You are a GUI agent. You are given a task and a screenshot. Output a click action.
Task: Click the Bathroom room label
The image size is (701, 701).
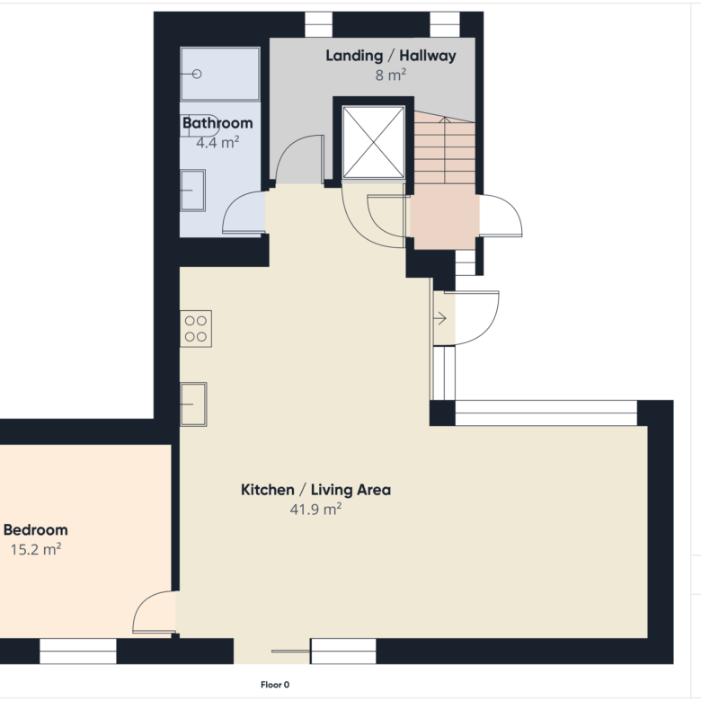pos(217,123)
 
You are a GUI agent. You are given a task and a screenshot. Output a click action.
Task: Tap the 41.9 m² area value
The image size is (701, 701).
pos(315,509)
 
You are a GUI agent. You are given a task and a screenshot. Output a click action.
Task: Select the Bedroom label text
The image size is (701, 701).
pos(36,529)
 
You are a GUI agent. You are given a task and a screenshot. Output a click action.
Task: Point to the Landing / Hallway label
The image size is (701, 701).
pos(391,56)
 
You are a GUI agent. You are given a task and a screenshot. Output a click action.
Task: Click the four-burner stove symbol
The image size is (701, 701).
pos(196,329)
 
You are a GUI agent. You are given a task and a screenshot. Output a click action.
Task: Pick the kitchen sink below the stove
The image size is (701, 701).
pos(193,404)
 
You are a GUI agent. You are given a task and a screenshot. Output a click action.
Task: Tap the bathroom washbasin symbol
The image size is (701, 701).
pos(192,190)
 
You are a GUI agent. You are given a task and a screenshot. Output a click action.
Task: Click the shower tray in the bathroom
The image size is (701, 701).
pos(220,74)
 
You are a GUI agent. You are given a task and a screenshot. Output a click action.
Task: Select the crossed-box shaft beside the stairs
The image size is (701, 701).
pos(373,142)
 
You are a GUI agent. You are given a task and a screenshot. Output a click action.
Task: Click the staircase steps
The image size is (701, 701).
pos(444,147)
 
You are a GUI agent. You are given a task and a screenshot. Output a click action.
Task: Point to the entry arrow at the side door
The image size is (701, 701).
pos(440,319)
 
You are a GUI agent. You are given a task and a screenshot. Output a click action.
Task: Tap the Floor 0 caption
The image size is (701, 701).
pos(275,685)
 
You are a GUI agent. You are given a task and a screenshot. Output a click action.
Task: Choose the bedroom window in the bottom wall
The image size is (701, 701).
pos(78,651)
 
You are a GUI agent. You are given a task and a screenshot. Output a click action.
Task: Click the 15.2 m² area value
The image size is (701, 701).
pos(36,549)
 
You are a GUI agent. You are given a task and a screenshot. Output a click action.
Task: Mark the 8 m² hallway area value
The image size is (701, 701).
pos(391,75)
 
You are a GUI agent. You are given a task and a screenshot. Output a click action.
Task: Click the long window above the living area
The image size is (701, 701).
pos(546,413)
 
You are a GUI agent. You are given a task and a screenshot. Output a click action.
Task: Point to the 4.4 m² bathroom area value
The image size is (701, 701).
pos(217,142)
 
